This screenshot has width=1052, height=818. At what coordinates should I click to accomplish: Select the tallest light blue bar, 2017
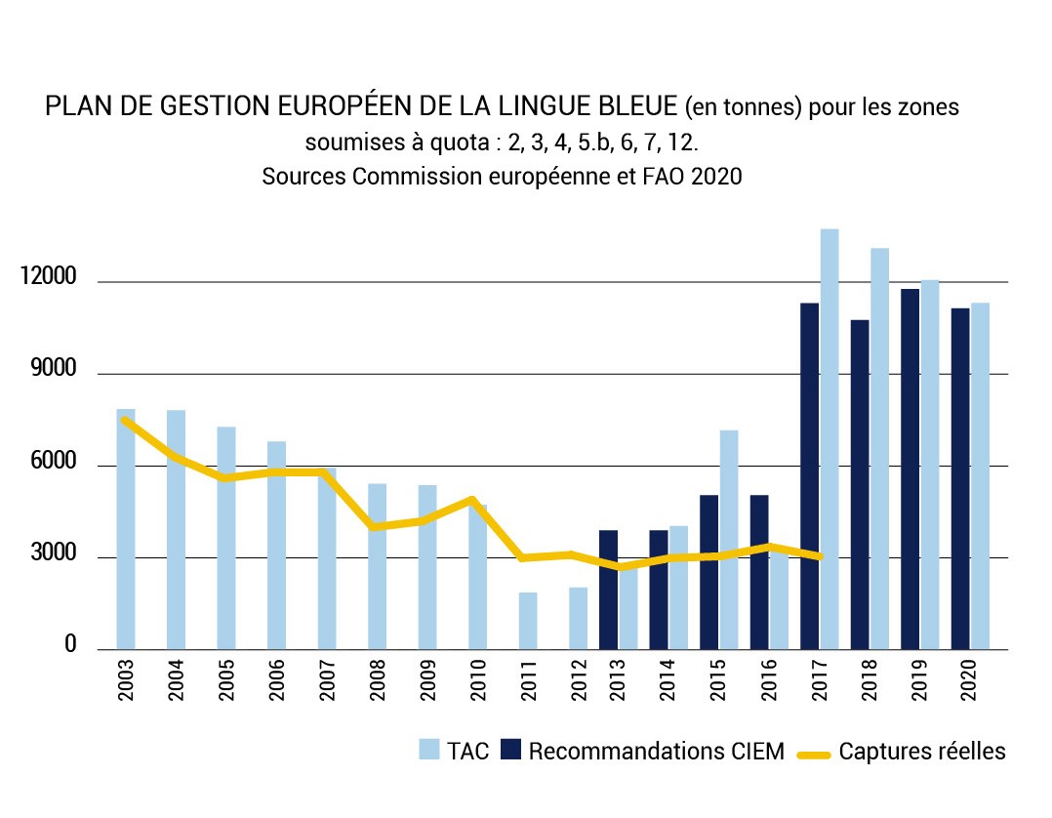pyautogui.click(x=829, y=439)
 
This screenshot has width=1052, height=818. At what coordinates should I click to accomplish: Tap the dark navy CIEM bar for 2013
pyautogui.click(x=608, y=591)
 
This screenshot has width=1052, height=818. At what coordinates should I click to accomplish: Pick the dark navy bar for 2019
pyautogui.click(x=910, y=469)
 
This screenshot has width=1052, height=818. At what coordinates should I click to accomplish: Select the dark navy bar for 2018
pyautogui.click(x=860, y=484)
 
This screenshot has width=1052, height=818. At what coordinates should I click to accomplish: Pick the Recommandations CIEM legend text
pyautogui.click(x=656, y=752)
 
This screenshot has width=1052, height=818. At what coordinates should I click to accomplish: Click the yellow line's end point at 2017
pyautogui.click(x=820, y=556)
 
